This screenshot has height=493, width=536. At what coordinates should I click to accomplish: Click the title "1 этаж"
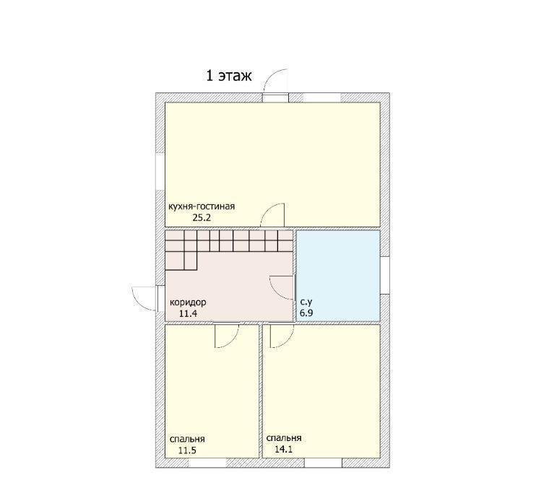tap(229, 76)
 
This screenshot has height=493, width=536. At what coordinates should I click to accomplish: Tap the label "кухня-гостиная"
tap(202, 206)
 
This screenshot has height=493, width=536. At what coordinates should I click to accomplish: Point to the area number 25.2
tap(202, 218)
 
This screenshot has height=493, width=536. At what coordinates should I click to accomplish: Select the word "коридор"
tap(188, 302)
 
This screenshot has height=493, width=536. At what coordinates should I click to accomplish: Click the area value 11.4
tap(189, 313)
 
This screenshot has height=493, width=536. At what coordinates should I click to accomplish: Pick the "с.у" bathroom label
tap(306, 302)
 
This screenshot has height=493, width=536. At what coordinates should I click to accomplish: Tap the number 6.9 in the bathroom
tap(306, 313)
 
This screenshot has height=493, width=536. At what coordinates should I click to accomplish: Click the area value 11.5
tap(187, 450)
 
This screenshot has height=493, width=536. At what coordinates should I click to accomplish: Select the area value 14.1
tap(284, 450)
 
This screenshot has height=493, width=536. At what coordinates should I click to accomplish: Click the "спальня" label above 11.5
tap(187, 439)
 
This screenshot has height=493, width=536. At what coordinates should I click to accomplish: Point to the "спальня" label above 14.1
tap(284, 438)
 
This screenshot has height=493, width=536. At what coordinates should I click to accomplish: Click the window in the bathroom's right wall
tap(385, 275)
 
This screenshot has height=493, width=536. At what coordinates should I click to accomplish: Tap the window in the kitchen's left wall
tap(160, 171)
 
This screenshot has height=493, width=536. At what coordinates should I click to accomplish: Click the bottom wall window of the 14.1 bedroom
tap(323, 463)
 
